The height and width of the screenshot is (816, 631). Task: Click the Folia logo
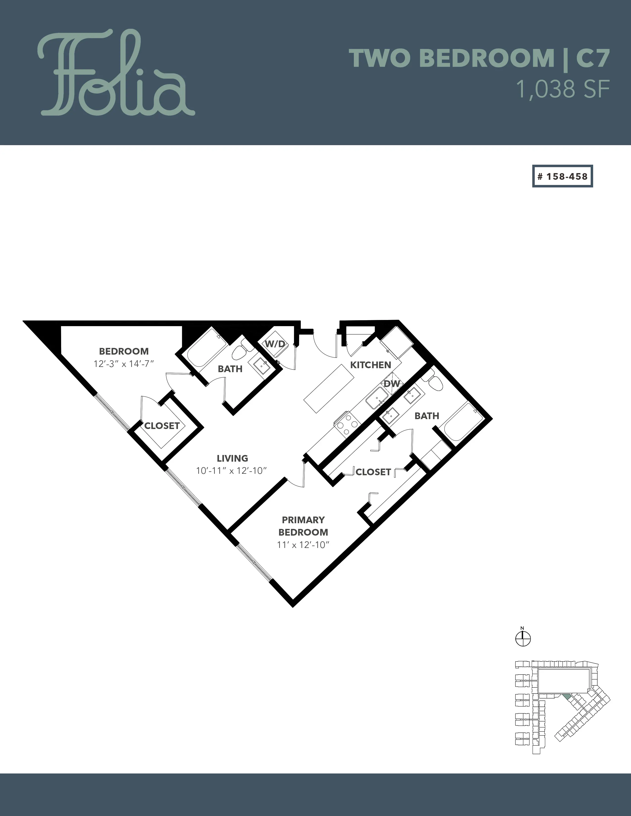[x=116, y=73]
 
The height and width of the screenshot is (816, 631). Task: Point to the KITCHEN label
[x=370, y=365]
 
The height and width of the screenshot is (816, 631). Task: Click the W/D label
[x=275, y=344]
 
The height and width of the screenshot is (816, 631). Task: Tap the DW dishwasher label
[x=392, y=384]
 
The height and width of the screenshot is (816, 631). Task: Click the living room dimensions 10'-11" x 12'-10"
[x=231, y=471]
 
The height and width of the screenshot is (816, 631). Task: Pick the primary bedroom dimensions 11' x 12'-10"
[x=303, y=545]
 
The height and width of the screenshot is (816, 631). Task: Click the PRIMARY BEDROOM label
[x=303, y=526]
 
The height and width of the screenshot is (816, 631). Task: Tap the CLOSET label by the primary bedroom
[x=373, y=472]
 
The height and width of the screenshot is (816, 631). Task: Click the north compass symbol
[x=523, y=638]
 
